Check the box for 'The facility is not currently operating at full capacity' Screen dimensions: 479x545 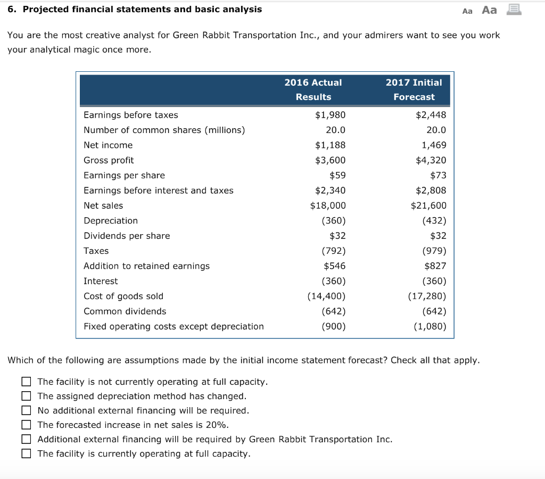pos(26,382)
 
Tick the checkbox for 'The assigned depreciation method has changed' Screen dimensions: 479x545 pos(26,396)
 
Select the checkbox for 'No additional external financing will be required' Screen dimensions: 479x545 pos(26,410)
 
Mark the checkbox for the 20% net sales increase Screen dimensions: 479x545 pos(26,425)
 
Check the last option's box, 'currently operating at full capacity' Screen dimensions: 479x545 pos(26,453)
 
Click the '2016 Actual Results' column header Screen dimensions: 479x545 pos(313,89)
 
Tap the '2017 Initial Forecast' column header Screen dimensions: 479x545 pos(414,89)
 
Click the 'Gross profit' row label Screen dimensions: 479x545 pos(109,160)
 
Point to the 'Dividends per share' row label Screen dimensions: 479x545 pos(127,236)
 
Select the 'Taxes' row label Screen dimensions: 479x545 pos(96,251)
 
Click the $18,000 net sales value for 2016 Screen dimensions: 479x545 pos(328,205)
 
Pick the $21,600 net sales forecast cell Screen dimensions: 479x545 pos(428,205)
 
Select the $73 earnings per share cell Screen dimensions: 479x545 pos(438,175)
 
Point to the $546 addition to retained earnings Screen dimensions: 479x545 pos(334,266)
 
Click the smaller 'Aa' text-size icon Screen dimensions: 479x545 pos(467,11)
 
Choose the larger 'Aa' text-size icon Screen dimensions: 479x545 pos(489,10)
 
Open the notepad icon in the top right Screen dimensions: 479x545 pos(513,10)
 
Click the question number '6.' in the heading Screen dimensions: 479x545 pos(12,9)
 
